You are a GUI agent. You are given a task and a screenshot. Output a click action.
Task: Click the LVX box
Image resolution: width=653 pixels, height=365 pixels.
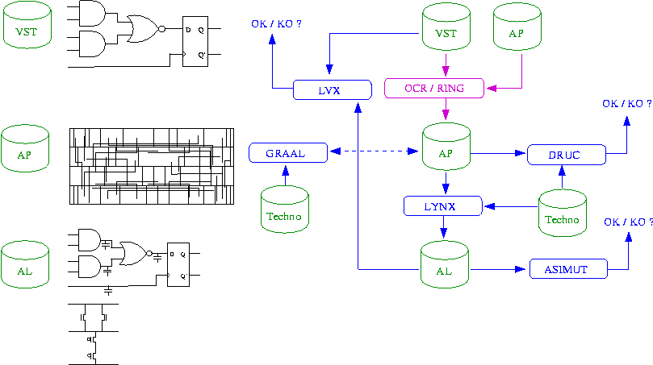(x=331, y=89)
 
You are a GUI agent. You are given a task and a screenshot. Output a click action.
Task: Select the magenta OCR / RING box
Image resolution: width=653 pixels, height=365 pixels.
(x=433, y=87)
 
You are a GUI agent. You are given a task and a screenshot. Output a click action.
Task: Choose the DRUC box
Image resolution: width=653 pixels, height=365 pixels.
(x=565, y=154)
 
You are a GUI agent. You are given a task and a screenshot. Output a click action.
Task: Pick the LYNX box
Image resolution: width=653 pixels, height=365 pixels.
(x=442, y=206)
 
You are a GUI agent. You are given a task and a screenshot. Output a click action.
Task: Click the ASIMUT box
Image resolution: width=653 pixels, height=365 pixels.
(x=567, y=268)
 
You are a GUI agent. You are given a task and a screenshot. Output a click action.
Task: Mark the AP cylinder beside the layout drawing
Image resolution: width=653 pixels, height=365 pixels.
(x=27, y=148)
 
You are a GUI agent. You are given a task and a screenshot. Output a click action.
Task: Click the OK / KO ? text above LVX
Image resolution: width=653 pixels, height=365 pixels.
(x=276, y=24)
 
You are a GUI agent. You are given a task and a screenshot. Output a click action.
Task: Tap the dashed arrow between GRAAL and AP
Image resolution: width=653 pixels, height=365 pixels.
(x=375, y=151)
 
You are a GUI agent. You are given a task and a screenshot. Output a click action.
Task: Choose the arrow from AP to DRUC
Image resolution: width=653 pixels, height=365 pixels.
(x=498, y=152)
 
